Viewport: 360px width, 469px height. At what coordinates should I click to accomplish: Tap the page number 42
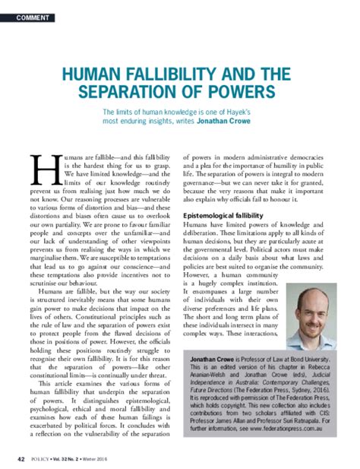(x=21, y=459)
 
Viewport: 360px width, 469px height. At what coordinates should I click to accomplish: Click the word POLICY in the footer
(x=43, y=459)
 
